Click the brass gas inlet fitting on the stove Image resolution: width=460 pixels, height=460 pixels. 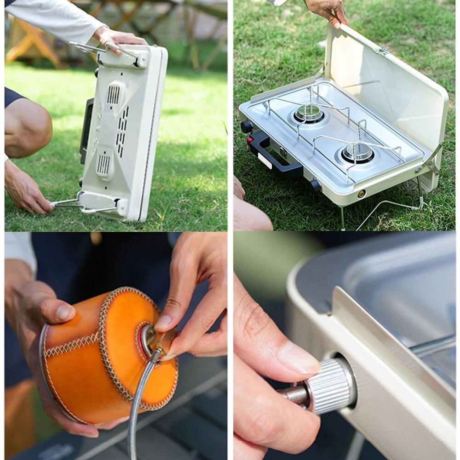point(361,194)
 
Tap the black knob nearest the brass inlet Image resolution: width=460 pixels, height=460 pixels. point(315,185)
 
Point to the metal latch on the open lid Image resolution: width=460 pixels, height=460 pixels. point(382,51)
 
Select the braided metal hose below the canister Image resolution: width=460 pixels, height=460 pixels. point(138,405)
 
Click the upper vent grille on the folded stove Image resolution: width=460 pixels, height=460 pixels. point(114,94)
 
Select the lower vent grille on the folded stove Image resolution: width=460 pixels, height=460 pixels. point(104,164)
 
